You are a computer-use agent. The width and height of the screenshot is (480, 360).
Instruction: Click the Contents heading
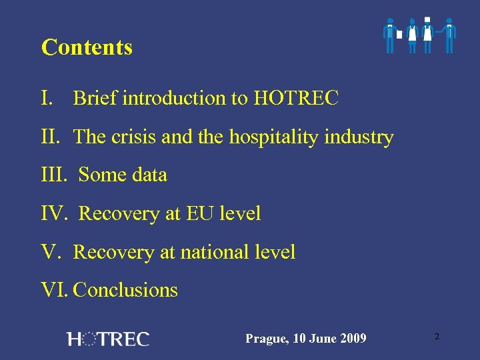(x=87, y=48)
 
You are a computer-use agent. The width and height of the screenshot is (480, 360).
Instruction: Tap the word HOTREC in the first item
(x=296, y=99)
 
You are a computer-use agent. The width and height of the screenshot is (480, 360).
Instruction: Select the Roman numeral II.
(x=51, y=137)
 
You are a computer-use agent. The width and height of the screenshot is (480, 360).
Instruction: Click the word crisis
(x=130, y=137)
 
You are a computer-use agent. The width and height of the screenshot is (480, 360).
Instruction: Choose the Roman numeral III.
(x=54, y=175)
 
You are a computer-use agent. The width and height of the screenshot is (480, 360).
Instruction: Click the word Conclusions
(x=125, y=291)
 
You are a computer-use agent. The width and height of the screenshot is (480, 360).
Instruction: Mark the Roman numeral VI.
(x=55, y=291)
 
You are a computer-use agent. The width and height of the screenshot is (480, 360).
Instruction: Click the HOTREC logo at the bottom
(x=108, y=339)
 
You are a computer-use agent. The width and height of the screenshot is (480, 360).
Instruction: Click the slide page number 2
(x=437, y=337)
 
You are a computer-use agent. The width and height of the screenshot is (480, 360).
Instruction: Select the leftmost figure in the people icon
(x=390, y=35)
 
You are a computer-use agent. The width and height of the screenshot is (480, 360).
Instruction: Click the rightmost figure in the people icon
(x=450, y=35)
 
